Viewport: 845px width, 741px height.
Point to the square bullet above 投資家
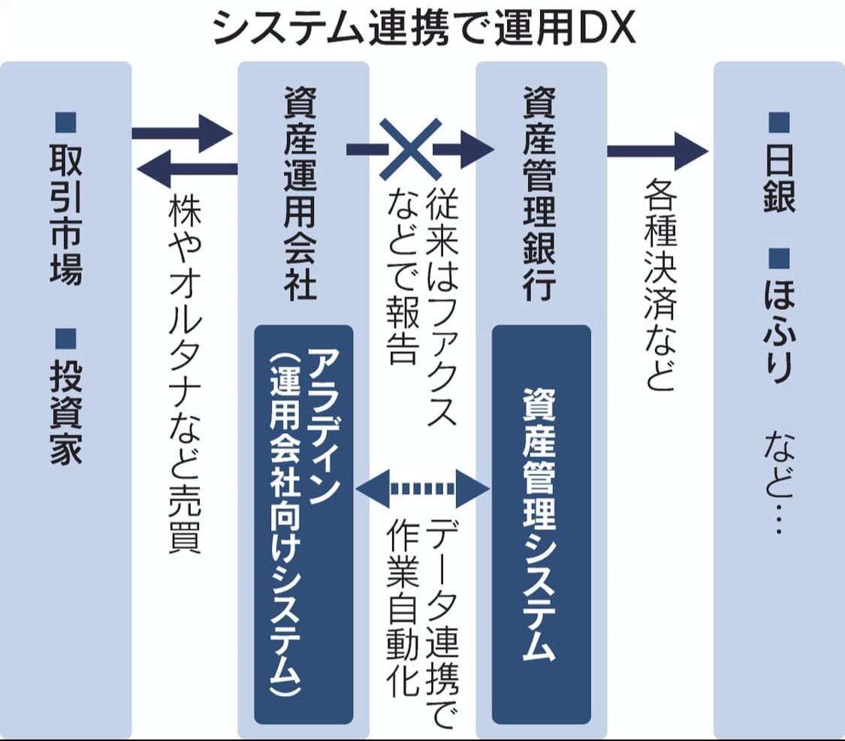[x=66, y=338]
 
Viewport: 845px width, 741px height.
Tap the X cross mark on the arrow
[x=409, y=149]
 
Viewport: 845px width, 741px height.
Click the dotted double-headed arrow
[x=423, y=489]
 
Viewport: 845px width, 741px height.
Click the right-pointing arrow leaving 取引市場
[x=181, y=133]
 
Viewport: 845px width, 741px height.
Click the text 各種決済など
[x=660, y=285]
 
